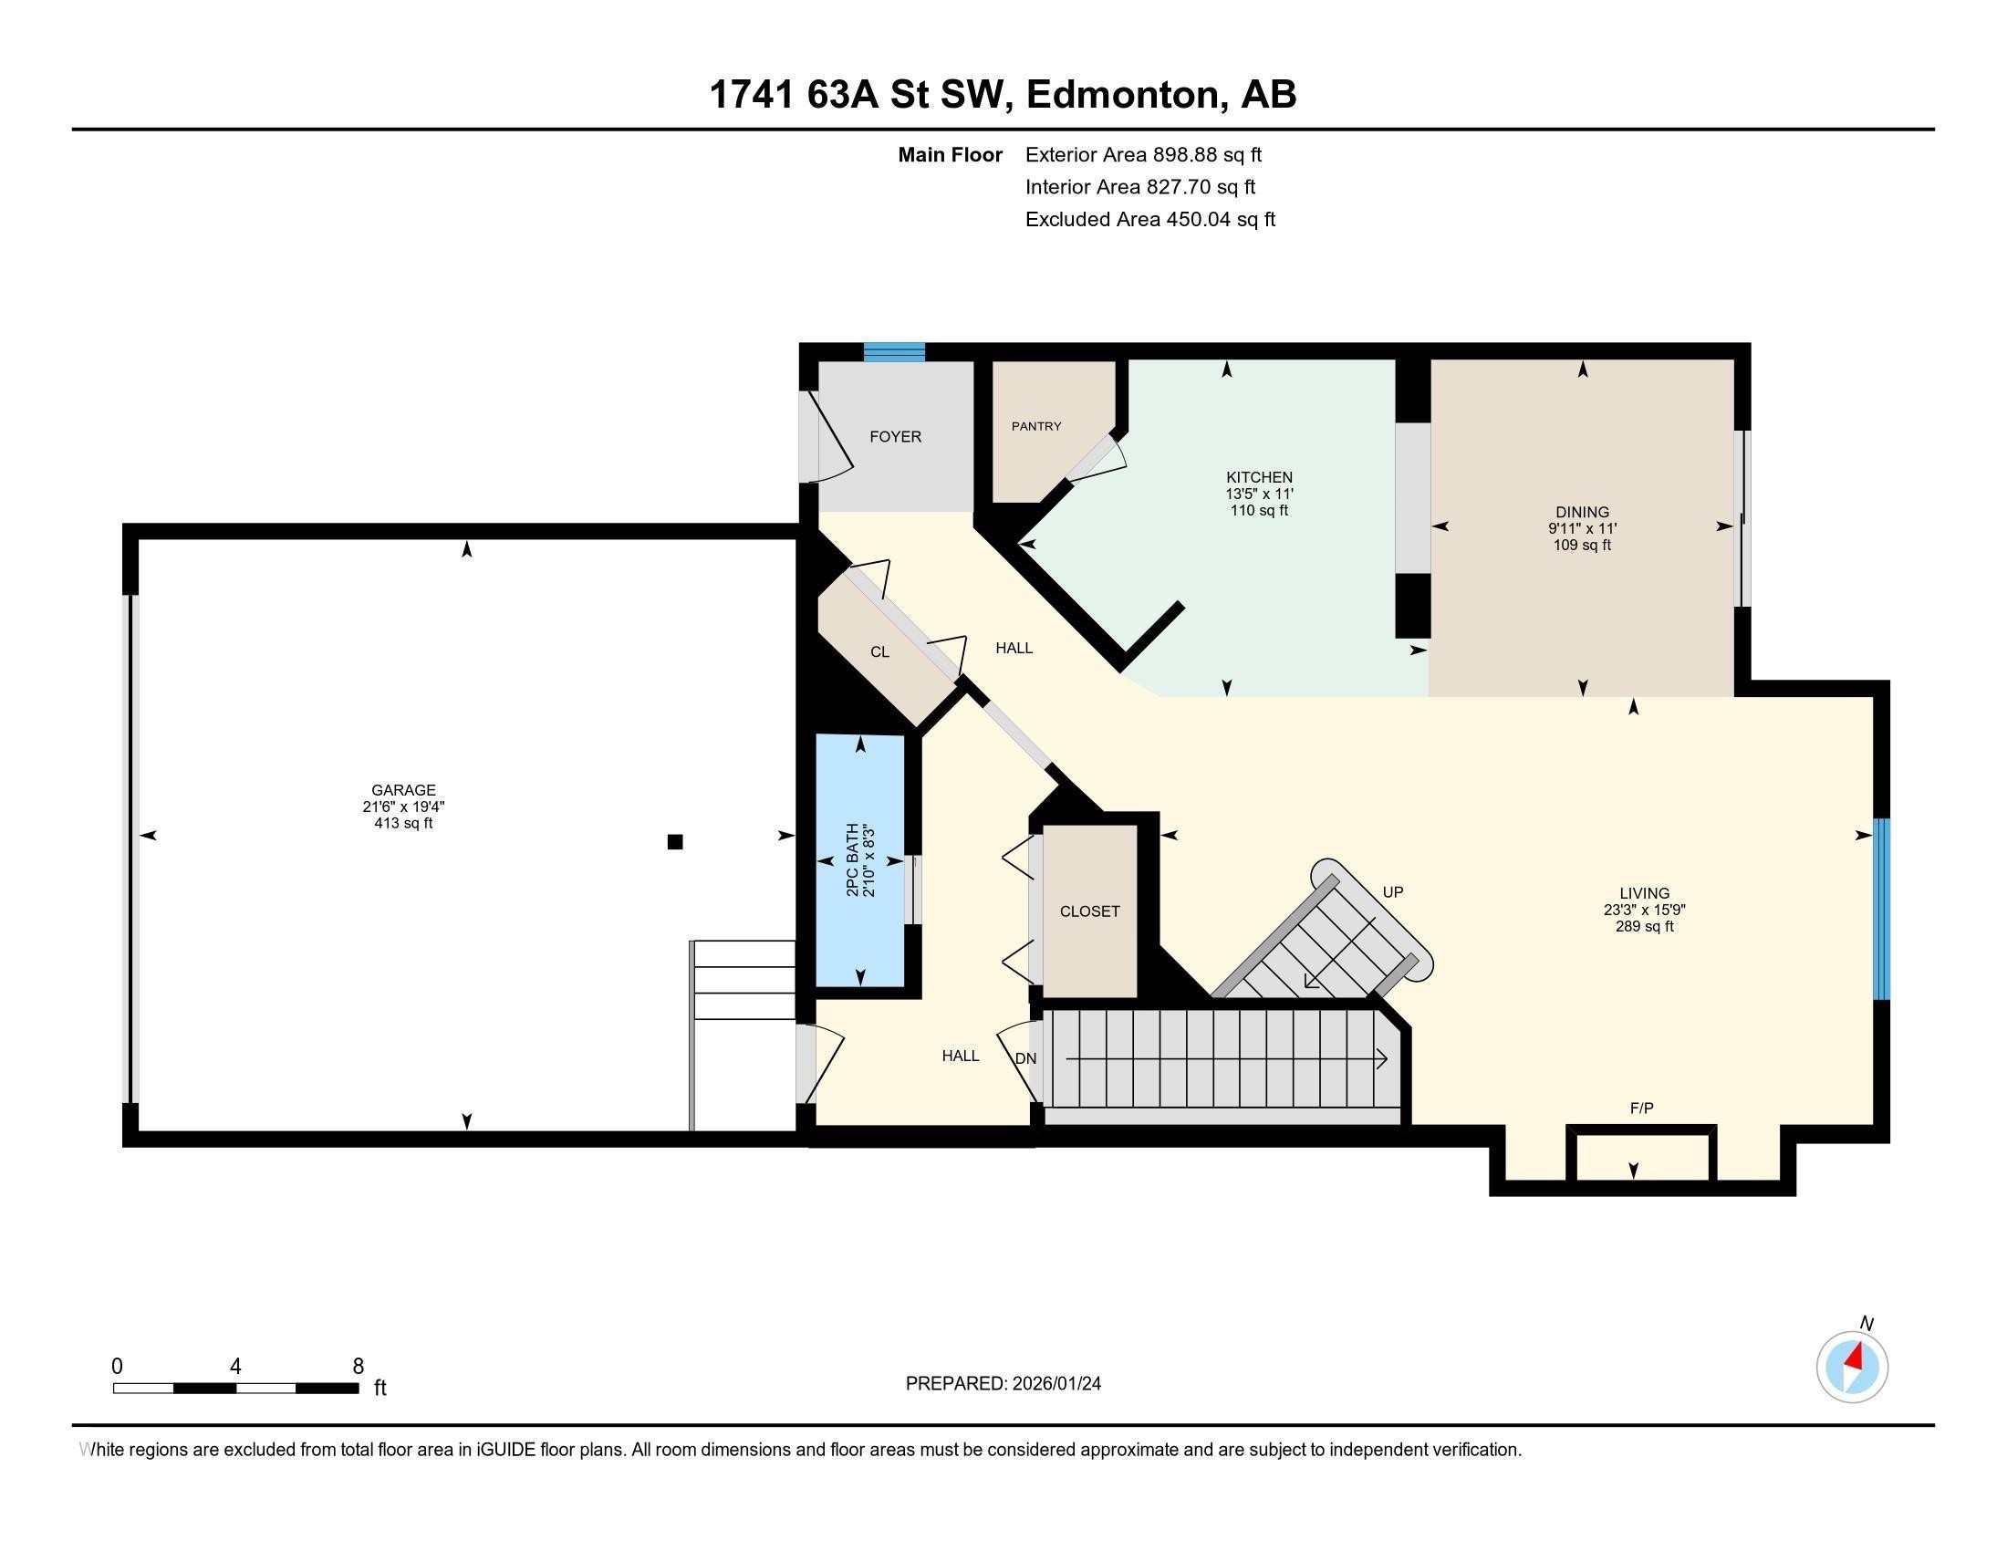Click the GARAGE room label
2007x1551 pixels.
402,789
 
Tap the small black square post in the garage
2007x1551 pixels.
674,842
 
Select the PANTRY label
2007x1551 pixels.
1035,426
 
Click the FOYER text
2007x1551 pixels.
895,436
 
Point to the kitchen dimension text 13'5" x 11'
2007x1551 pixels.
1259,494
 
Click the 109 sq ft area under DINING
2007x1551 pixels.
1582,545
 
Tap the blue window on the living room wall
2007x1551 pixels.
1881,908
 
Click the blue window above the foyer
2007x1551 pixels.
893,352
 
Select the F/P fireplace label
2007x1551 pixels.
1641,1109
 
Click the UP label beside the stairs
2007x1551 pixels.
1392,892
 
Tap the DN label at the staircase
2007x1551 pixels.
1025,1058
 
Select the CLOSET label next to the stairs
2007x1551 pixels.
1089,911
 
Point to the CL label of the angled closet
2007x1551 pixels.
879,651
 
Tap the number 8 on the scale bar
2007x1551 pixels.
358,1367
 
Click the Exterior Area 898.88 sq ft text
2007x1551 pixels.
1143,154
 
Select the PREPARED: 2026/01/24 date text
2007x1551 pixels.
1003,1384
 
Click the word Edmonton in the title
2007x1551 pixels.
1127,95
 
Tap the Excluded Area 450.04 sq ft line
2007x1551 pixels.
1149,219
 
